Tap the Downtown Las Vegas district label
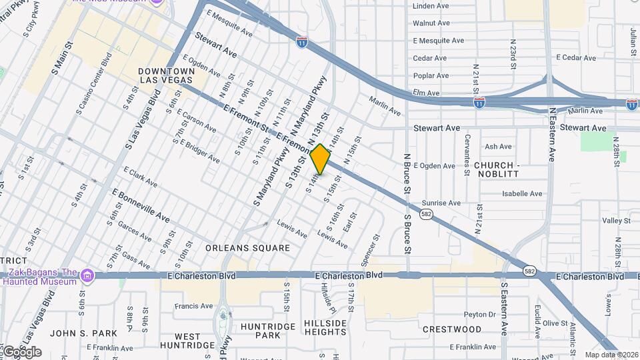[167, 75]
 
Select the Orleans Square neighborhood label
[247, 248]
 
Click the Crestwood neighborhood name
[452, 329]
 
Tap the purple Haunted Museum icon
[87, 275]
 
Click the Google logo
[22, 352]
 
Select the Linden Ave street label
[431, 6]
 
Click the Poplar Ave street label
[431, 76]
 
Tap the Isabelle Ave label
[522, 194]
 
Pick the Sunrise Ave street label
[441, 203]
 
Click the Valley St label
[616, 221]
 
